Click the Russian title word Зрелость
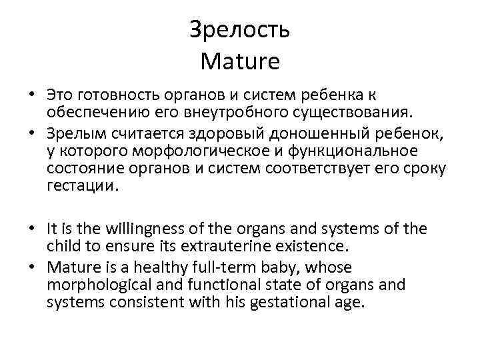[x=239, y=29]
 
